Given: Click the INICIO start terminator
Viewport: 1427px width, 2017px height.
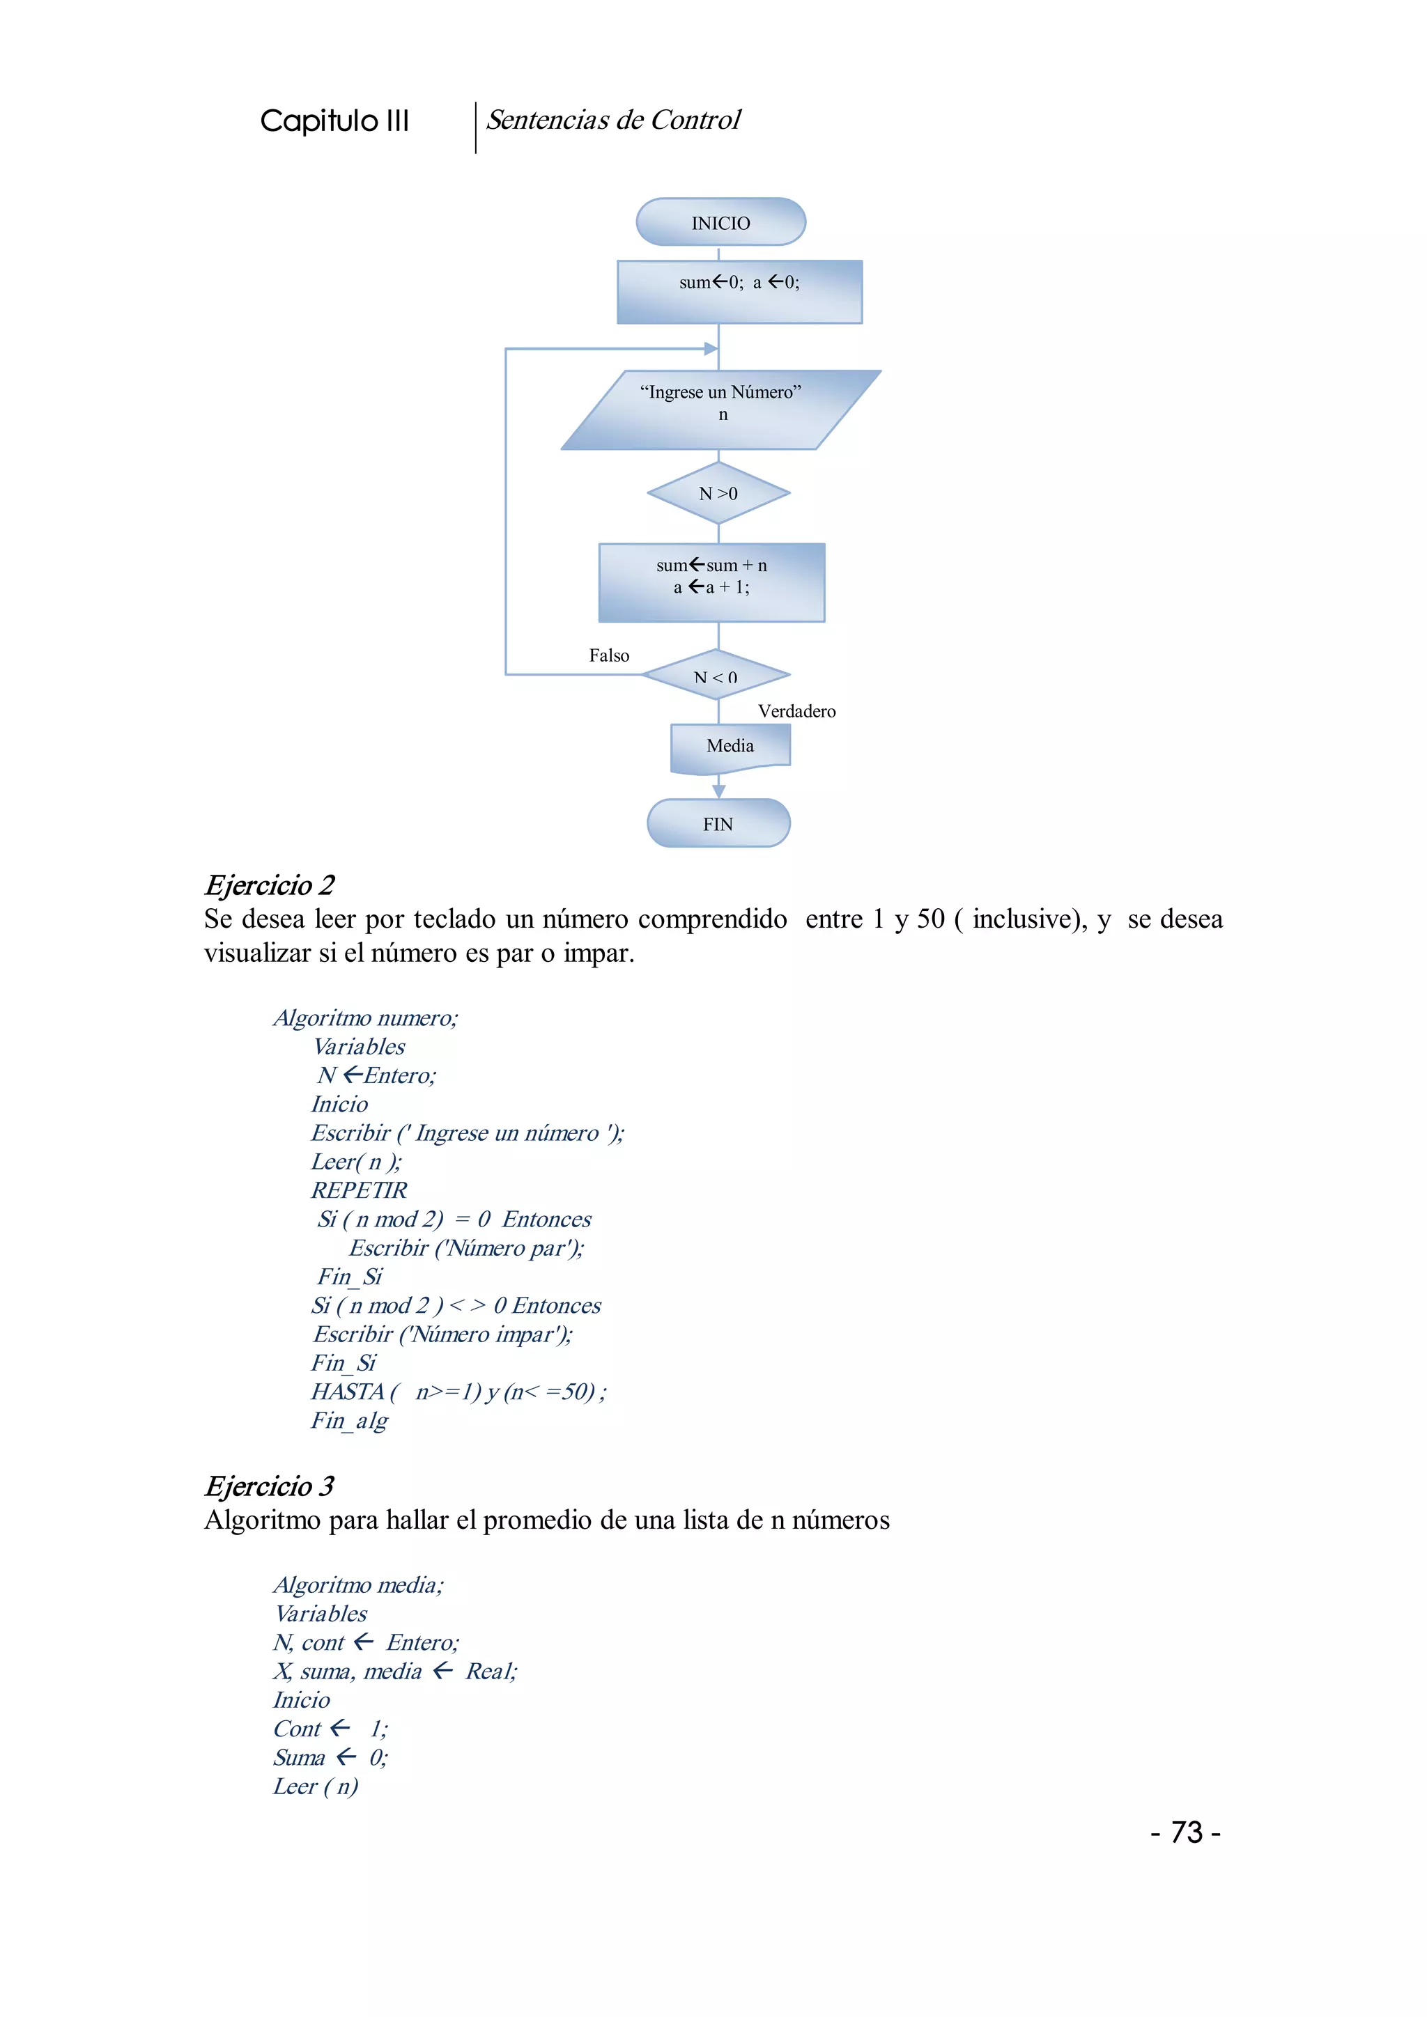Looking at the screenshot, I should [x=720, y=222].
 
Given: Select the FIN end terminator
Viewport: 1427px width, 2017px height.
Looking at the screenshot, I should [x=718, y=823].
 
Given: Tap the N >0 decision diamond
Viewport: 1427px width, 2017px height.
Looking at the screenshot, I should [x=718, y=494].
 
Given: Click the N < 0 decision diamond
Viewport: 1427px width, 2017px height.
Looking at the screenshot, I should [x=716, y=676].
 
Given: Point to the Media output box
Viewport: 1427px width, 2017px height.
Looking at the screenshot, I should [x=730, y=747].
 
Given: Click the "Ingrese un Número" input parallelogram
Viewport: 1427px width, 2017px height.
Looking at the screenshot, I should [x=720, y=410].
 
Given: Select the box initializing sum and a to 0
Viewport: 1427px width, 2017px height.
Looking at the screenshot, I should [x=739, y=292].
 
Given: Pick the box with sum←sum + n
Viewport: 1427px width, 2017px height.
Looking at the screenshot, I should [x=711, y=582].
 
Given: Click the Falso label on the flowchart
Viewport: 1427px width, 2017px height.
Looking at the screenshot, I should [x=609, y=655].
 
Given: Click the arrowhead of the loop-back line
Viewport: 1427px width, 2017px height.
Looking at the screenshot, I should [x=711, y=349].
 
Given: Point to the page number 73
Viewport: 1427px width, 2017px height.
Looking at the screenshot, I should [x=1186, y=1832].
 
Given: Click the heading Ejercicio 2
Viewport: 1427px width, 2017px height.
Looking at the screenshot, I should [x=269, y=885].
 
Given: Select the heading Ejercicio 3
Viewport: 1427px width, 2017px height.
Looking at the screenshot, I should [x=269, y=1486].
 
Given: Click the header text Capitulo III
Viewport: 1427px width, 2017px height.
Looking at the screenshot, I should [x=334, y=120].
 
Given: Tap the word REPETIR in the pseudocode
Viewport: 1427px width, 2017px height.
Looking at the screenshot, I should [x=359, y=1190].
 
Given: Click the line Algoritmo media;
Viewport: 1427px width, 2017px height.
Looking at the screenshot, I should [x=359, y=1584].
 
